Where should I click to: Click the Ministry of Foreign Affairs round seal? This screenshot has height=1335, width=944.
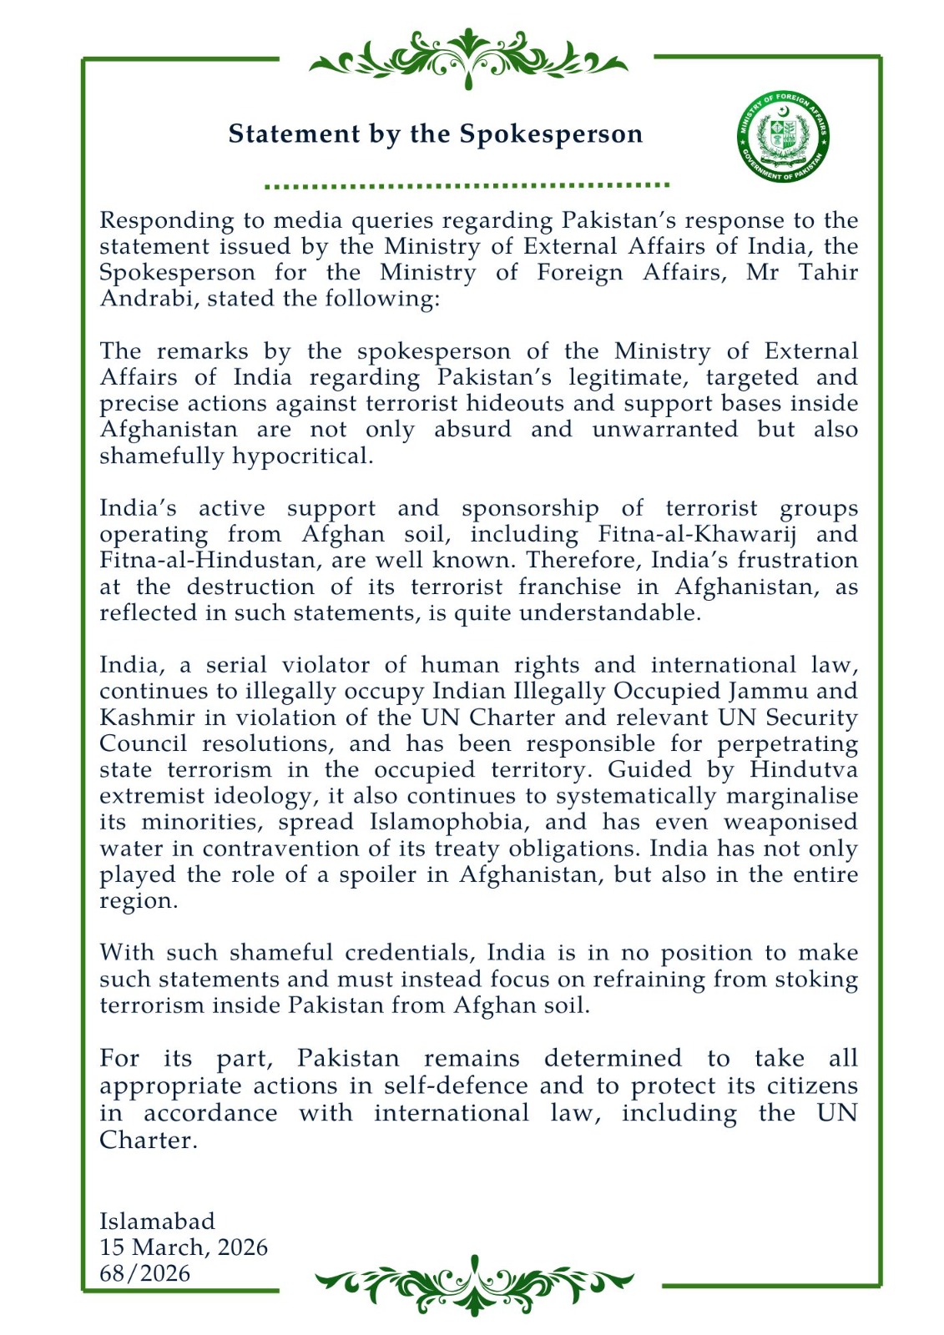point(782,137)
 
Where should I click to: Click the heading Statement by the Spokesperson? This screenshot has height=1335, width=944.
point(435,134)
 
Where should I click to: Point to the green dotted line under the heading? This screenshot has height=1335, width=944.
point(466,185)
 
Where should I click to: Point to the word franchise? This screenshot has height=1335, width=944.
point(569,587)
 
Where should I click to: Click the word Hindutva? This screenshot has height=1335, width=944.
point(803,769)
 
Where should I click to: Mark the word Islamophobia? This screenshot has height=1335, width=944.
point(447,822)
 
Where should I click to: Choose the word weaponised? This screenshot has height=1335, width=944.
point(790,822)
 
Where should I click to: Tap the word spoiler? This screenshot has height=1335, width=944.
point(377,874)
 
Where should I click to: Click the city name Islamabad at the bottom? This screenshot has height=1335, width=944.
point(157,1222)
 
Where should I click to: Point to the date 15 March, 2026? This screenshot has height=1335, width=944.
point(184,1247)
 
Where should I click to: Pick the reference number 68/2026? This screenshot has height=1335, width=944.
point(144,1273)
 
